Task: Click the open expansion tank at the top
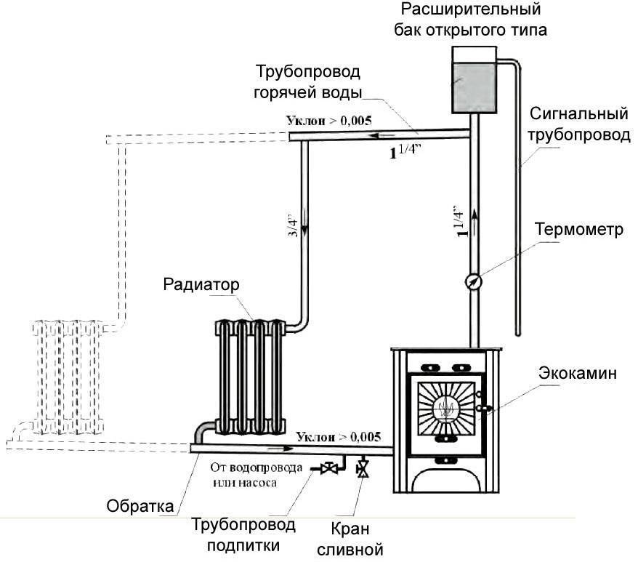coord(473,80)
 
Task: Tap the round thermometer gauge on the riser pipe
coord(473,280)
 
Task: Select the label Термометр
coord(579,230)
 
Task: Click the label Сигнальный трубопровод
coord(578,125)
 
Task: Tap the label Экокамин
coord(579,374)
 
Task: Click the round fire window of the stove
coord(446,409)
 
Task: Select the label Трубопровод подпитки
coord(243,534)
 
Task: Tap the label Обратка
coord(141,505)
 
